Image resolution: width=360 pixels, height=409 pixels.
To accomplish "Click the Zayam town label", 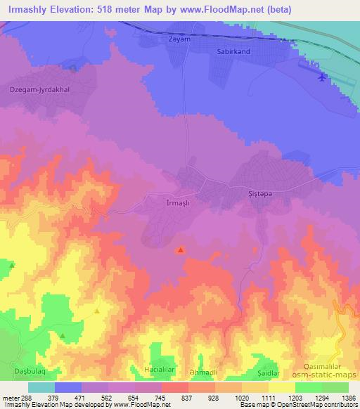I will [180, 40].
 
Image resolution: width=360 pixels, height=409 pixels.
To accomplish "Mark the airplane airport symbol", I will [322, 77].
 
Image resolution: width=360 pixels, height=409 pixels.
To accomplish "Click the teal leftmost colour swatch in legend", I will [41, 387].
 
